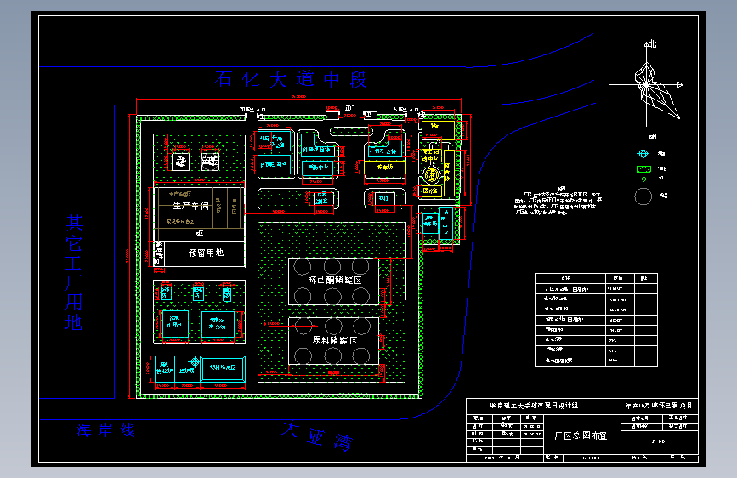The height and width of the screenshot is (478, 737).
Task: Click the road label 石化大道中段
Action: click(x=292, y=80)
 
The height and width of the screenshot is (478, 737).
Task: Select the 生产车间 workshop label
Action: click(x=190, y=206)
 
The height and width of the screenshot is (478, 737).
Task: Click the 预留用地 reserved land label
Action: click(x=206, y=253)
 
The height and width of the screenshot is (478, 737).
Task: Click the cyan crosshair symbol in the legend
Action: click(x=643, y=154)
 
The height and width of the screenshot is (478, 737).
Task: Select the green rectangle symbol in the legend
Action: click(x=643, y=169)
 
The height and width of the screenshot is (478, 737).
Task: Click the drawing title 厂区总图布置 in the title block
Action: click(x=581, y=435)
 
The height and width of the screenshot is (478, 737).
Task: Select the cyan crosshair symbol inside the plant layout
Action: click(x=196, y=363)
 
